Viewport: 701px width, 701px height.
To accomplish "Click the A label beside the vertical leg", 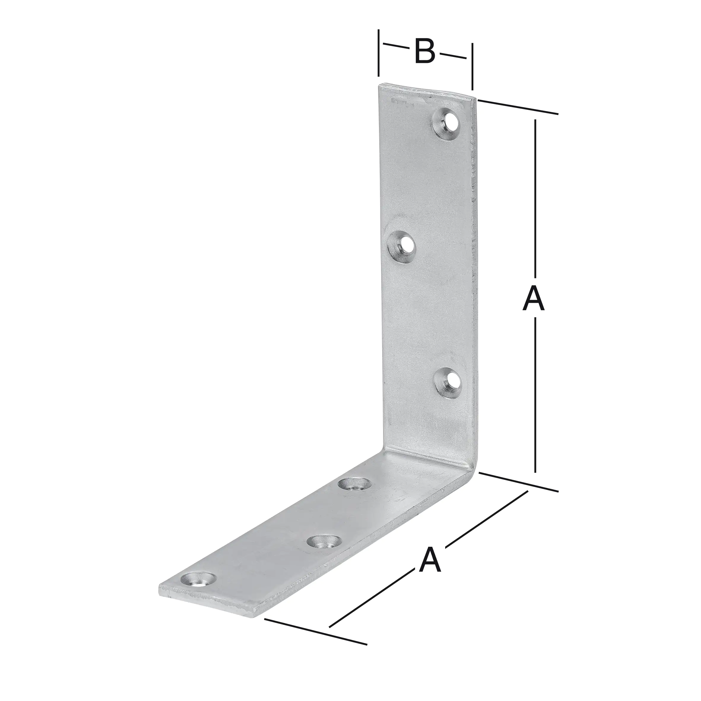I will pyautogui.click(x=533, y=299).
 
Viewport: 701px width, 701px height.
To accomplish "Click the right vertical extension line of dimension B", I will pyautogui.click(x=472, y=67).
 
